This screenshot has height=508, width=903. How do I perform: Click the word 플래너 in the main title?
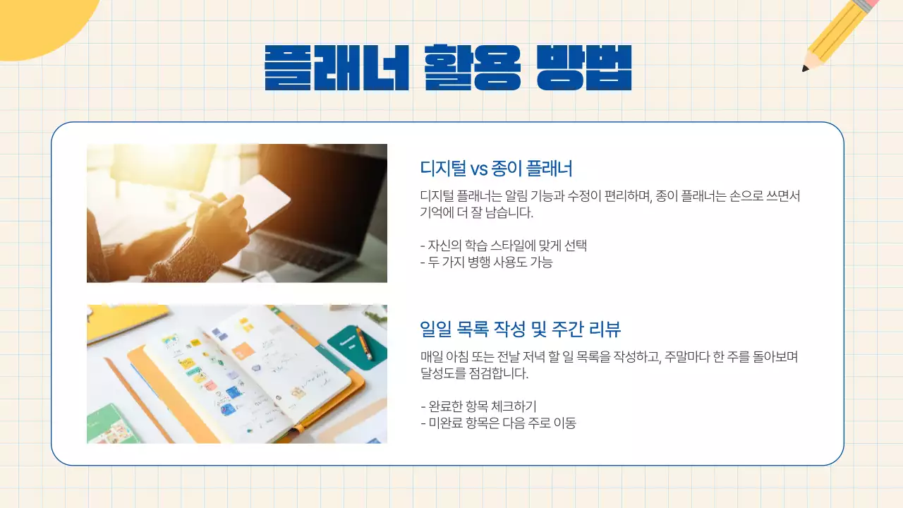point(337,68)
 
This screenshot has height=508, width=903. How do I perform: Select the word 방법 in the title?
point(583,68)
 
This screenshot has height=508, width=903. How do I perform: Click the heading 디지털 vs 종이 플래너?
point(496,169)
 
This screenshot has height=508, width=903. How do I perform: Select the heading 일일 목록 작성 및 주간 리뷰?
point(520,329)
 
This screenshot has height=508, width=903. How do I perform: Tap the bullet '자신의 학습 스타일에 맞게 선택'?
point(504,246)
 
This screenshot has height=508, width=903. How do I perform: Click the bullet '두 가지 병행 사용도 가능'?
point(486,262)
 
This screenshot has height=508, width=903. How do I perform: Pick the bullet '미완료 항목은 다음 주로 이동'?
point(498,423)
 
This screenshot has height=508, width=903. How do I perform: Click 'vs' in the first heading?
point(479,169)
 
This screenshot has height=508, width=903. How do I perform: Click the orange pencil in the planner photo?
point(363,344)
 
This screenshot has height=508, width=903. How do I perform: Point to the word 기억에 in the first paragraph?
point(437,213)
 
